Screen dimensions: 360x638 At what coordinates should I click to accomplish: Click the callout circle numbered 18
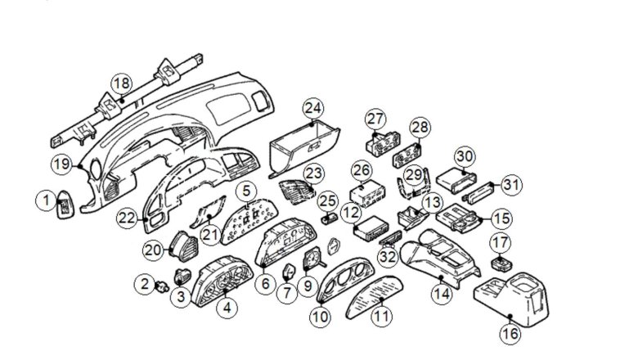121,83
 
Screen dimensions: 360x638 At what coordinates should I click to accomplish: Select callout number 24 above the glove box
312,109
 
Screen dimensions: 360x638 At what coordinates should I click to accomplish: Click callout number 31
510,186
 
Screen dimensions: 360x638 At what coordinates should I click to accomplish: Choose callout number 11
380,314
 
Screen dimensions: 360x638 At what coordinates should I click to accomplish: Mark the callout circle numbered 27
375,119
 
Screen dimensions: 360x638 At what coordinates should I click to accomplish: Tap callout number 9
308,286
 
